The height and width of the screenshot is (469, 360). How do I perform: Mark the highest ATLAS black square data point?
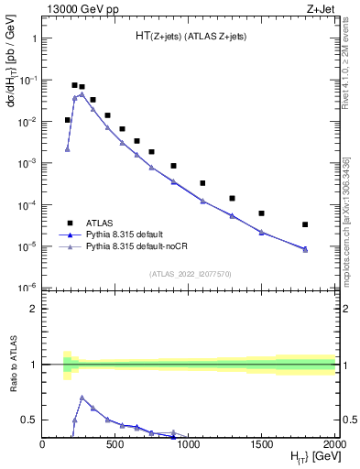click(74, 85)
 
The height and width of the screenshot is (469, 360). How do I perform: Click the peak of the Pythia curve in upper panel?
click(82, 94)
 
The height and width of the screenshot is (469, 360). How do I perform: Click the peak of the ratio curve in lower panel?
click(82, 398)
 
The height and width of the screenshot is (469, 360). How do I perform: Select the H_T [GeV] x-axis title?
click(308, 458)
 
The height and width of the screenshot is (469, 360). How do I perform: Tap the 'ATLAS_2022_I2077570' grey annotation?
click(189, 274)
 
